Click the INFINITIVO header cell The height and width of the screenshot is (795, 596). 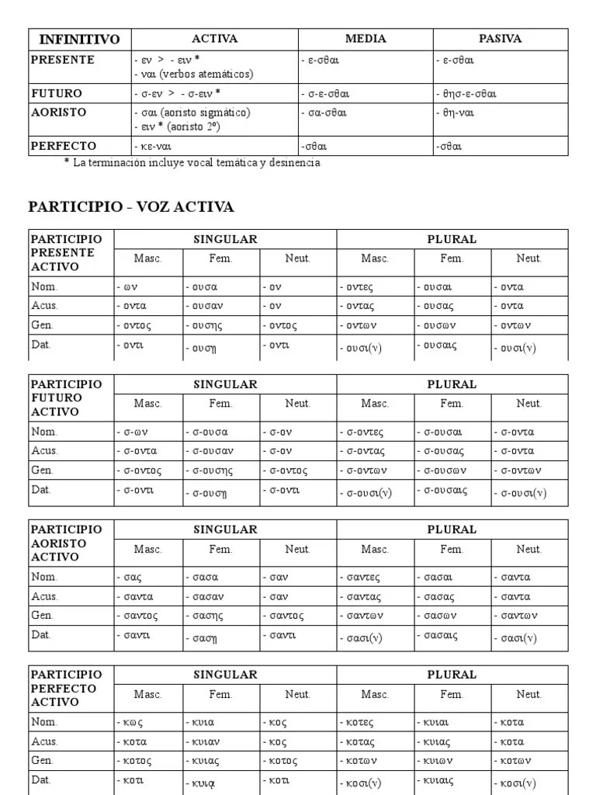point(79,39)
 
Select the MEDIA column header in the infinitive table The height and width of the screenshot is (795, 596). point(366,39)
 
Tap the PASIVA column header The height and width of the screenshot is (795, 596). point(501,39)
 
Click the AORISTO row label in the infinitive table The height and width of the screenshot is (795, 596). point(59,112)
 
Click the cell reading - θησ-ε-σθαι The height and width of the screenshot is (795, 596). point(466,94)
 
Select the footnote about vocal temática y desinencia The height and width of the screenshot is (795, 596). point(192,163)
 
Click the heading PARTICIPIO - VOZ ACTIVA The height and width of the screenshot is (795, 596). point(131,207)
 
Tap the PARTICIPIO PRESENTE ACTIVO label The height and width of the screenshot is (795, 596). point(66,252)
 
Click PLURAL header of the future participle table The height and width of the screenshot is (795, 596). point(452,384)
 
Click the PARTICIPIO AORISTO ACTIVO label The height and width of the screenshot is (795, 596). point(66,543)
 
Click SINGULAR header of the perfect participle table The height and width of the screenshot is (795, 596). point(225,675)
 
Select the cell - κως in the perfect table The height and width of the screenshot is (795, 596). point(129,723)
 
